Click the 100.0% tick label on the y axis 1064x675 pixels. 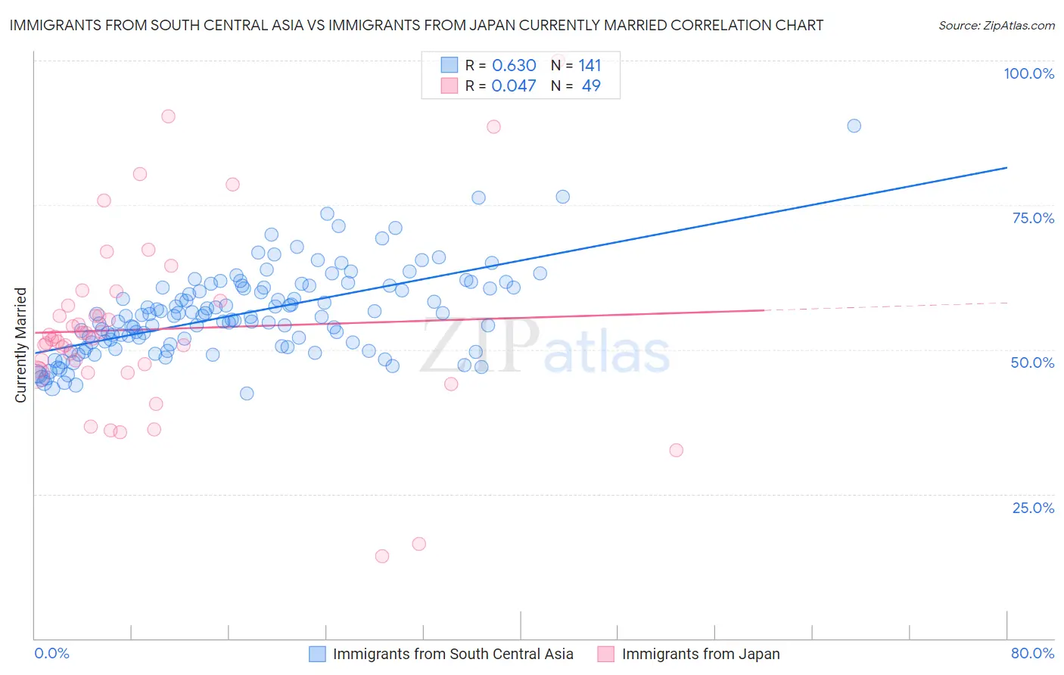[x=1028, y=73]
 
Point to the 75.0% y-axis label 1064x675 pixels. [x=1033, y=218]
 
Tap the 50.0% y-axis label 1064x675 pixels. [x=1032, y=362]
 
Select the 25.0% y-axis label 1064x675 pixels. [x=1033, y=507]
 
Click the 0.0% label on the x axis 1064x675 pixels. [x=51, y=653]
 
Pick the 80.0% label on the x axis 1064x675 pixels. [x=1032, y=653]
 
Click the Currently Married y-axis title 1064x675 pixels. [x=21, y=345]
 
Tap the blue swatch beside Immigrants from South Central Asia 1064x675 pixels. [x=317, y=654]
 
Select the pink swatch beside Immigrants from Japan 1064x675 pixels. [x=605, y=654]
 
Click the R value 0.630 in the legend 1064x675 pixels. [x=514, y=66]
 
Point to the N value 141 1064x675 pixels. [x=590, y=66]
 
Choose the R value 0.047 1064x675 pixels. [x=514, y=86]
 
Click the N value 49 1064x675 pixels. [x=591, y=86]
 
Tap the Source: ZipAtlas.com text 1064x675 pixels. [x=996, y=26]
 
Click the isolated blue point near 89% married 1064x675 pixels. [x=854, y=126]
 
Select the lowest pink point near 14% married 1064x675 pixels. [x=382, y=556]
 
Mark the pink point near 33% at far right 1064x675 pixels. [x=676, y=450]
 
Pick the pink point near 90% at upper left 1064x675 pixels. [x=168, y=117]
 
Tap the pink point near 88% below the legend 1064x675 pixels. [x=493, y=127]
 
